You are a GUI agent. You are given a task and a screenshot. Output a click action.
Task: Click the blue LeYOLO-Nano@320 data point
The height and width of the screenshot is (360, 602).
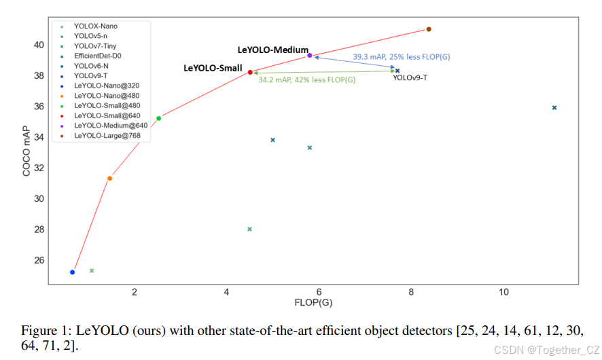point(72,272)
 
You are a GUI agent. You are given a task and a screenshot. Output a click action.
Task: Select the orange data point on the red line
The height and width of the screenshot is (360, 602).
point(109,179)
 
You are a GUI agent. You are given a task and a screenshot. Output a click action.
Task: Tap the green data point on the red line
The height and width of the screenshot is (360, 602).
point(159,118)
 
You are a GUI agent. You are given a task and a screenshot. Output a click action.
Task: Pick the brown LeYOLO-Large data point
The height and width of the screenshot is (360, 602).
point(429,29)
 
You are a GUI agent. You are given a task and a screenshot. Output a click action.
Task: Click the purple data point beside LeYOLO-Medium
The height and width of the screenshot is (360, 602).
point(310,56)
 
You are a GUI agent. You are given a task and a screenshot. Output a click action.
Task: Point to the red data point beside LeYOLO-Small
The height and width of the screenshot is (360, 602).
point(250,72)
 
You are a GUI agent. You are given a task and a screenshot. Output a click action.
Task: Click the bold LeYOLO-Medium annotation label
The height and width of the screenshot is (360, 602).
point(272,50)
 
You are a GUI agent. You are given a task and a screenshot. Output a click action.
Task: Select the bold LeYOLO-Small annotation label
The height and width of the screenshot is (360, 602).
point(213,69)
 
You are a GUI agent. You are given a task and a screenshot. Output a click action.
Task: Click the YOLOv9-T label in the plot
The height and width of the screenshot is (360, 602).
point(410,78)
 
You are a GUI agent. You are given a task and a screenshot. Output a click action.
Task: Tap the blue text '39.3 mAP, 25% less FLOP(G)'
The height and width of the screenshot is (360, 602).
point(402,57)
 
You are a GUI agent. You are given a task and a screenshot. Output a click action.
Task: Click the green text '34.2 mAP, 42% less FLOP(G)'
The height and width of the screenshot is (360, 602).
point(306,80)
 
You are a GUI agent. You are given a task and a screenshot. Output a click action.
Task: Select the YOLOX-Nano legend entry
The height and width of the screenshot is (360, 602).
point(95,26)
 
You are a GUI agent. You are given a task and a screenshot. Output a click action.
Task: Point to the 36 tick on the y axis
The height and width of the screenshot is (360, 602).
point(39,107)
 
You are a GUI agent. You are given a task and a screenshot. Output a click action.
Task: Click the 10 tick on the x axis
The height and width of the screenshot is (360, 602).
point(503,292)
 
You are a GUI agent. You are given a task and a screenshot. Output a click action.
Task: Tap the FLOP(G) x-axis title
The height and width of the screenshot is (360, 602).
point(313,302)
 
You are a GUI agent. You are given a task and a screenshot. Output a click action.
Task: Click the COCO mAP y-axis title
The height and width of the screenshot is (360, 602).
point(27,151)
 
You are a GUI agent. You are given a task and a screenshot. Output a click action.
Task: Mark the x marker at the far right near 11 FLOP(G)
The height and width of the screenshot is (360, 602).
point(554,108)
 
